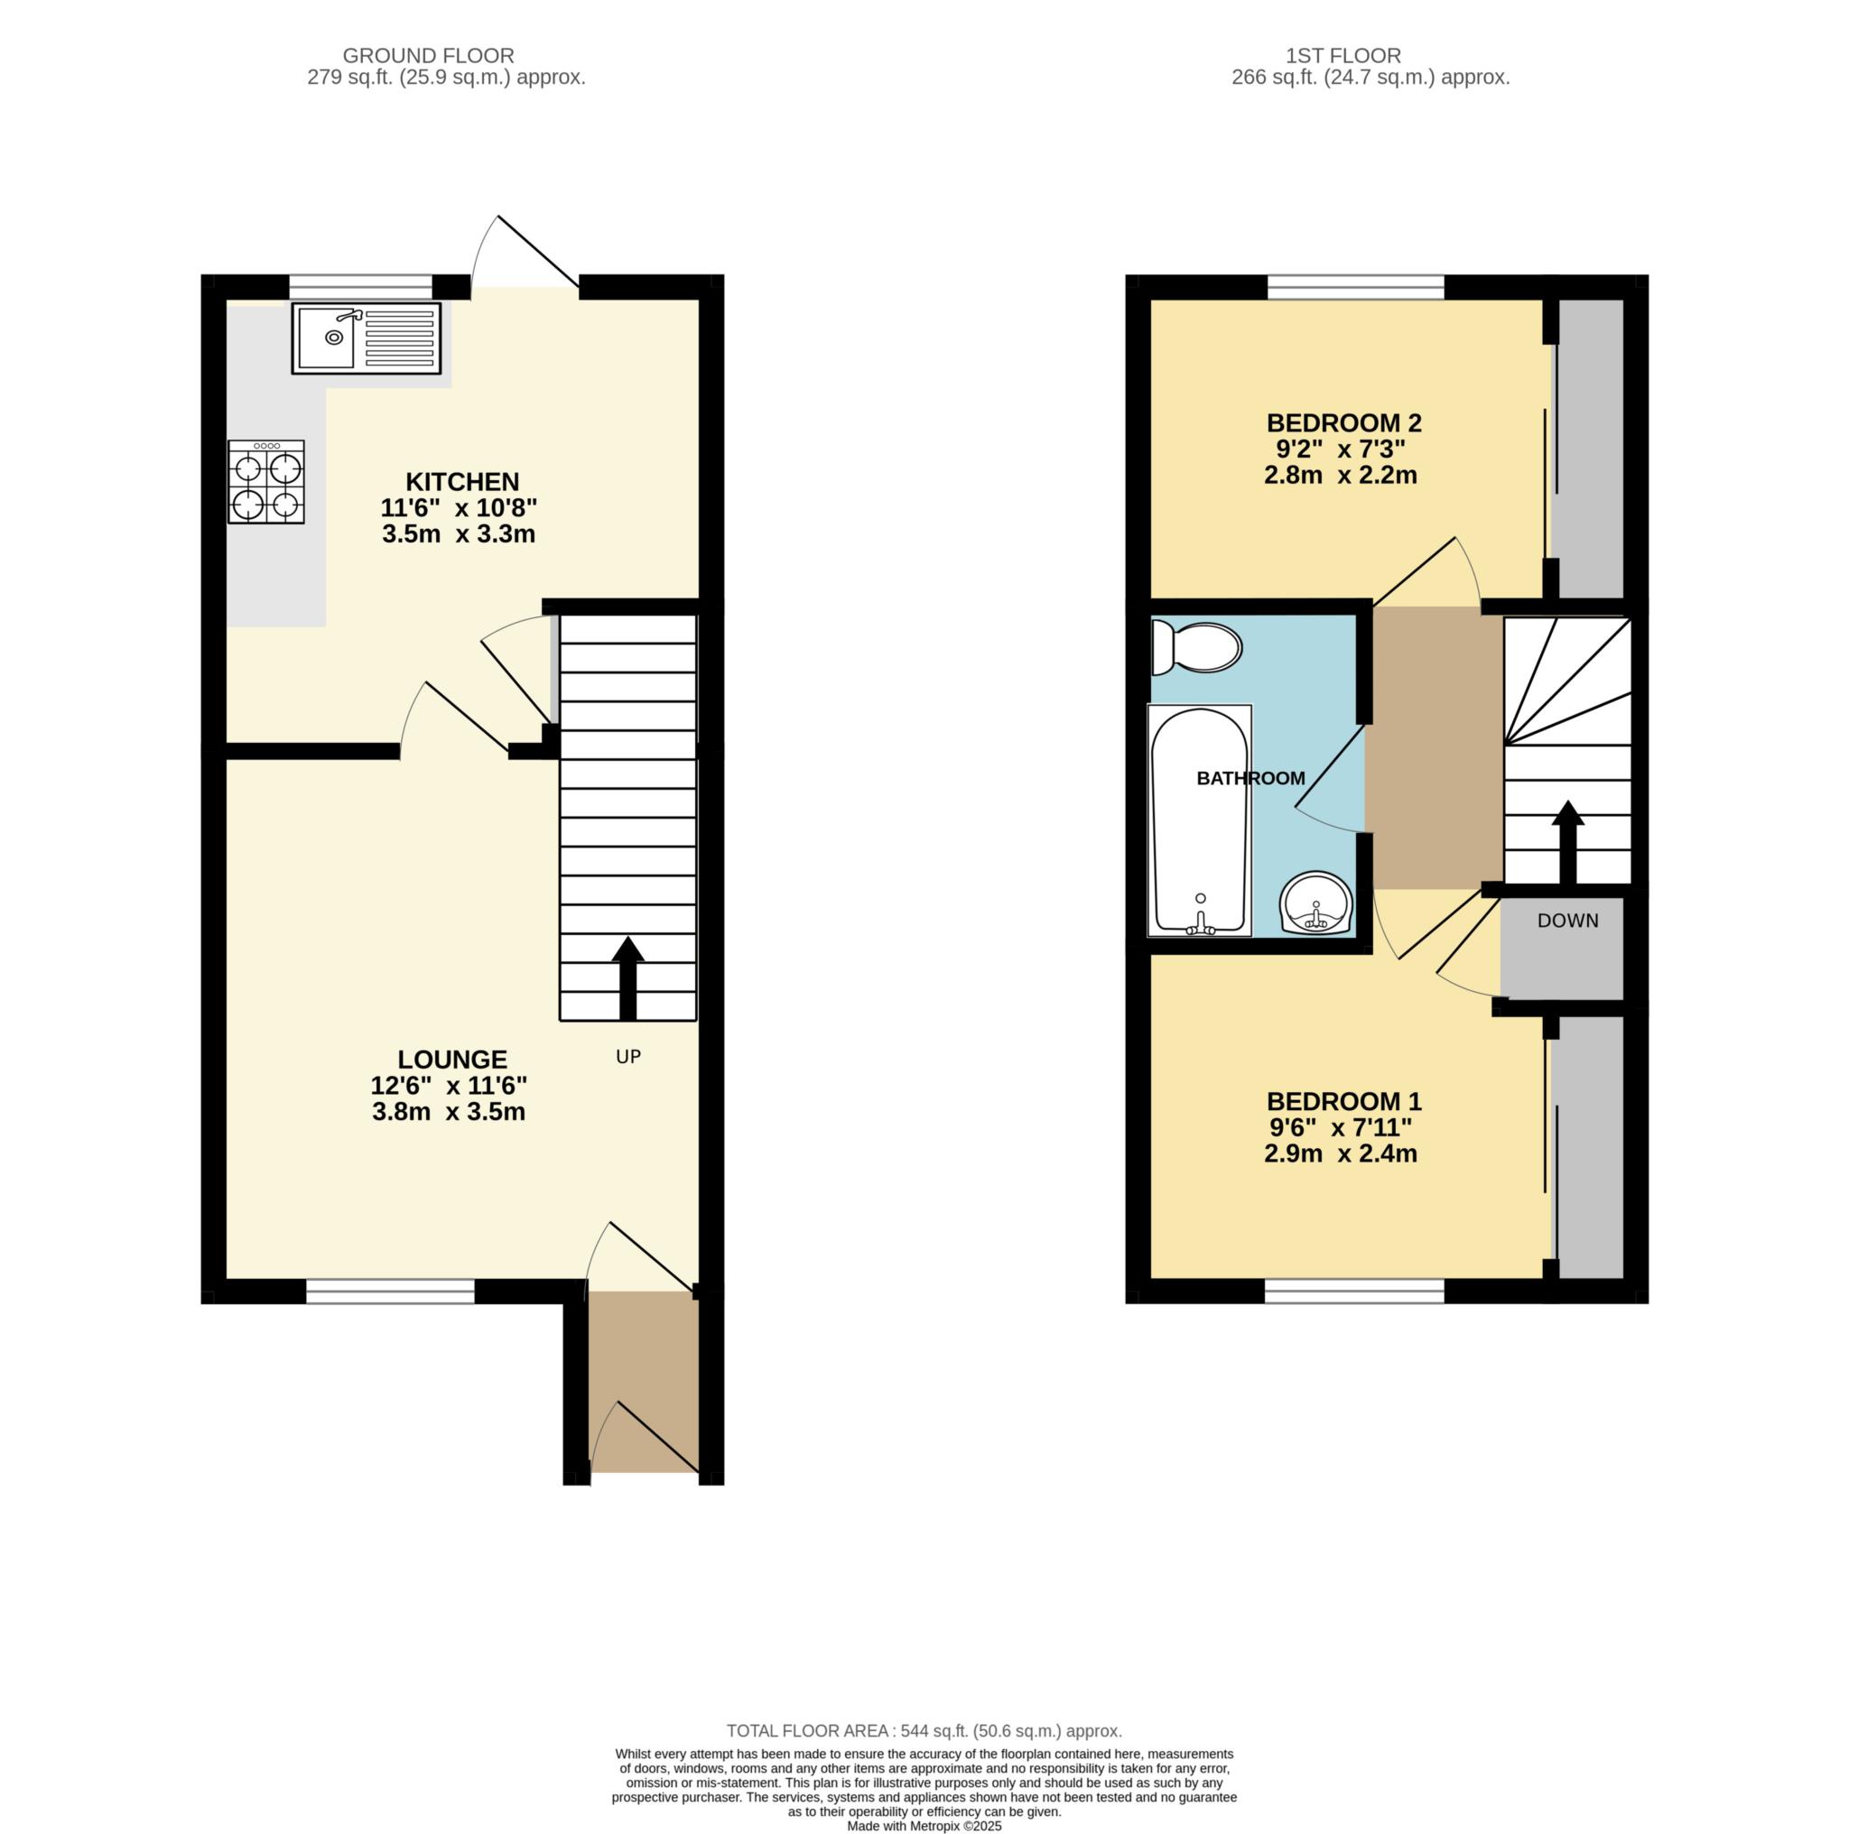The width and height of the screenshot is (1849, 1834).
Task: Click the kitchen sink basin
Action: pyautogui.click(x=325, y=338)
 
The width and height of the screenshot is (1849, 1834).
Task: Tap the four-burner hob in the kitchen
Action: pyautogui.click(x=266, y=482)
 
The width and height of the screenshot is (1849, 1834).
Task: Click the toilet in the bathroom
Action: pyautogui.click(x=1196, y=647)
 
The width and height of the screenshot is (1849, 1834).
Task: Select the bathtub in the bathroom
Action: pyautogui.click(x=1200, y=820)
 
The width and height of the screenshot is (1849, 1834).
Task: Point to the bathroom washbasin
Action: pyautogui.click(x=1316, y=903)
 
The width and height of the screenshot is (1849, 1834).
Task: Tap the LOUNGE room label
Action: pyautogui.click(x=452, y=1059)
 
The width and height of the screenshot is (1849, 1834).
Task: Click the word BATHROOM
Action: pyautogui.click(x=1250, y=779)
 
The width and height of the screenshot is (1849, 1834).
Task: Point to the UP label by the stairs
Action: pyautogui.click(x=627, y=1056)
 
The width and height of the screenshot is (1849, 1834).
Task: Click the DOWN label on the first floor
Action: pyautogui.click(x=1567, y=921)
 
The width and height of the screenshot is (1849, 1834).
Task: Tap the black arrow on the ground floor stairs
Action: pyautogui.click(x=627, y=977)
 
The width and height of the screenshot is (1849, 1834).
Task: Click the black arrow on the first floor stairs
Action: pyautogui.click(x=1567, y=842)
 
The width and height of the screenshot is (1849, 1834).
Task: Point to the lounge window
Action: pyautogui.click(x=390, y=1292)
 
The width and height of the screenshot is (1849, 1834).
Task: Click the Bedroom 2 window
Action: pyautogui.click(x=1356, y=287)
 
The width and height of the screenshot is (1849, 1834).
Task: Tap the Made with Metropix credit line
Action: pyautogui.click(x=924, y=1825)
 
